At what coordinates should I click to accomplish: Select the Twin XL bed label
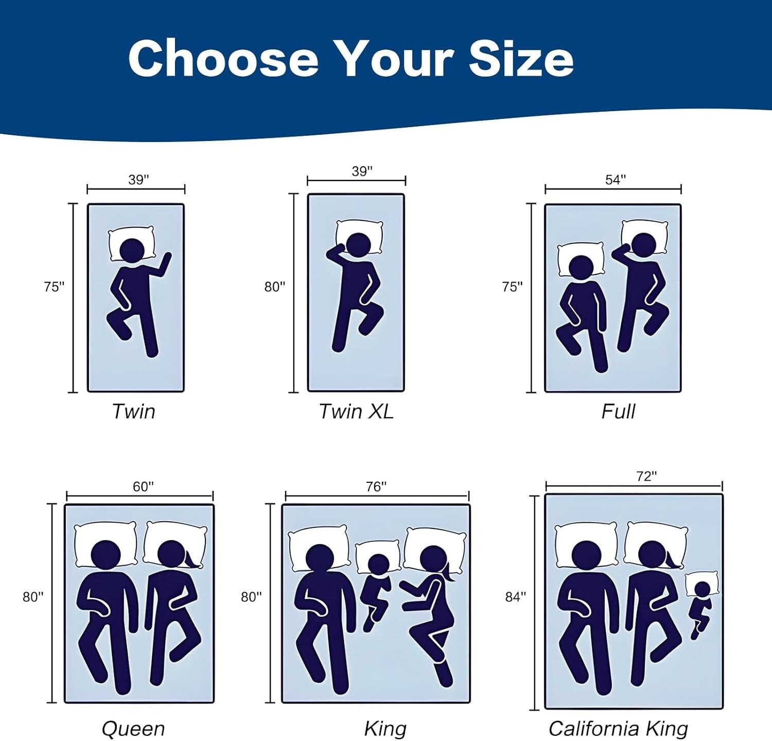[356, 411]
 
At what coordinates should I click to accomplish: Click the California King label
[618, 728]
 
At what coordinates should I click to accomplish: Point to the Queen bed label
[133, 729]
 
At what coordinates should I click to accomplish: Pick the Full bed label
[618, 411]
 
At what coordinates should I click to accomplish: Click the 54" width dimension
[616, 180]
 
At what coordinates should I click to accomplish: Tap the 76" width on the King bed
[376, 486]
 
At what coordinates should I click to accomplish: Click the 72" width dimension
[647, 477]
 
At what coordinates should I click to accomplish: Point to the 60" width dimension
[144, 486]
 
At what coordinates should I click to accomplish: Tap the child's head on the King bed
[378, 565]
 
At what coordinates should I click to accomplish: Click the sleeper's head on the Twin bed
[132, 251]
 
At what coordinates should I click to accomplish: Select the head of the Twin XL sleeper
[358, 245]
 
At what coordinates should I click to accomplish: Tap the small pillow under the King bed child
[378, 557]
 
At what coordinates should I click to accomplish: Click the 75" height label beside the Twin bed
[54, 287]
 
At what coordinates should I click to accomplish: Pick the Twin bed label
[134, 411]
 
